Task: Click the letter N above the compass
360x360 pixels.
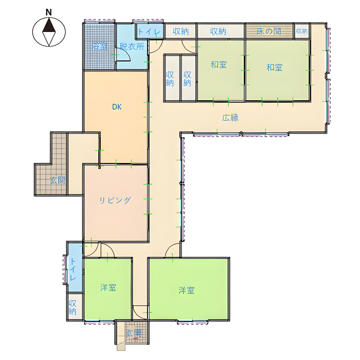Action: pyautogui.click(x=49, y=12)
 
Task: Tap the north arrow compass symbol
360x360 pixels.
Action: pyautogui.click(x=49, y=32)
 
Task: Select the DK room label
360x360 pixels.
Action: pyautogui.click(x=117, y=107)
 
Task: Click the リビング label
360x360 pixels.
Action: pyautogui.click(x=115, y=200)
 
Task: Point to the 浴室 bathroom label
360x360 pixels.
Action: pyautogui.click(x=99, y=46)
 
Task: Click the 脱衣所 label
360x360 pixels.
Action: pyautogui.click(x=132, y=47)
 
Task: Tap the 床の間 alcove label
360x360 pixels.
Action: pyautogui.click(x=269, y=31)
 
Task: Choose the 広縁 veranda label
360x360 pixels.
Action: pyautogui.click(x=230, y=118)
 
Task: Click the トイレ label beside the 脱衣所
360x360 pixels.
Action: pyautogui.click(x=149, y=31)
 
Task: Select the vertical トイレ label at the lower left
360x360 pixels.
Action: pyautogui.click(x=73, y=269)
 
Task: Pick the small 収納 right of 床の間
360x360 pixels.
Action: pyautogui.click(x=302, y=31)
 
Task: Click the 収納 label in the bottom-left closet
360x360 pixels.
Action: pyautogui.click(x=72, y=307)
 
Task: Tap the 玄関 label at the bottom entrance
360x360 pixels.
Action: pyautogui.click(x=134, y=333)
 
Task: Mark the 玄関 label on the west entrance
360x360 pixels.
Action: pyautogui.click(x=58, y=180)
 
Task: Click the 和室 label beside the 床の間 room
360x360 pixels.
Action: pyautogui.click(x=274, y=67)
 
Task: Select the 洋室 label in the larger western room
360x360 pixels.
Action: pyautogui.click(x=186, y=290)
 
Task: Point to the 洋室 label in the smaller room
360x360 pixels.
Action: pyautogui.click(x=108, y=287)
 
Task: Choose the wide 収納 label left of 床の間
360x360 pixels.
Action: pyautogui.click(x=218, y=31)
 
